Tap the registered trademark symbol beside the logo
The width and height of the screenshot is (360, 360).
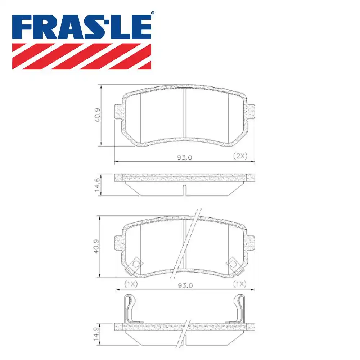pos(152,13)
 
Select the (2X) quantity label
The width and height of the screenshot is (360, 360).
pos(240,156)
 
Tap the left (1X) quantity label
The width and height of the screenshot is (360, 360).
pos(131,284)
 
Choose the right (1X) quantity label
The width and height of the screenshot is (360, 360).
pos(239,284)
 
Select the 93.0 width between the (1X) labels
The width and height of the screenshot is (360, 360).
pos(185,285)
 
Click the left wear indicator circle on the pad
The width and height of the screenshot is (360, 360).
pos(136,264)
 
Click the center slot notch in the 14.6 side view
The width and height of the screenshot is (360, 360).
pos(184,190)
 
